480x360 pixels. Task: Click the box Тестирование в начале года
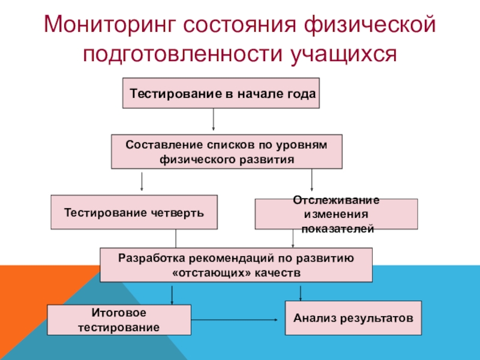pos(221,93)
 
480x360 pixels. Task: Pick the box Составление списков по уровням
pos(227,152)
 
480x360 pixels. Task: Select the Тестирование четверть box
pos(134,212)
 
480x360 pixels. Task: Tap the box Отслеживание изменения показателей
pos(337,214)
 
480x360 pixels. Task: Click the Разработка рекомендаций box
pos(236,265)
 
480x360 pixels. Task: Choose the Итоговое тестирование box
pos(119,320)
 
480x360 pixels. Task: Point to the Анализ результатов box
pos(353,318)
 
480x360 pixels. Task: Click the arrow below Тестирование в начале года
pos(214,119)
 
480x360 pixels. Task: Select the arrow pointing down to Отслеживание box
pos(312,181)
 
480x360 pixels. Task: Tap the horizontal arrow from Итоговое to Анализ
pos(237,320)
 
